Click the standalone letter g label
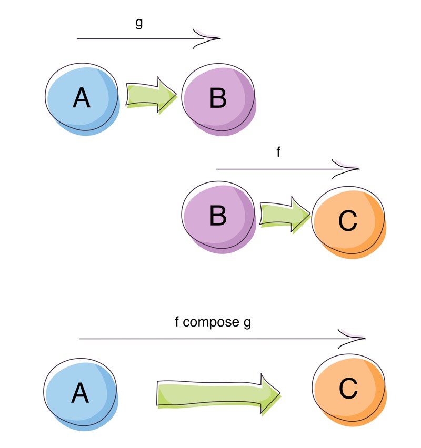(139, 24)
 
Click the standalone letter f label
(278, 152)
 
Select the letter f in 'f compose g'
(177, 322)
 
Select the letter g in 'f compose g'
(247, 323)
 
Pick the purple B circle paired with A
(218, 98)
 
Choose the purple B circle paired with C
(218, 216)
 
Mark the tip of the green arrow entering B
(177, 95)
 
